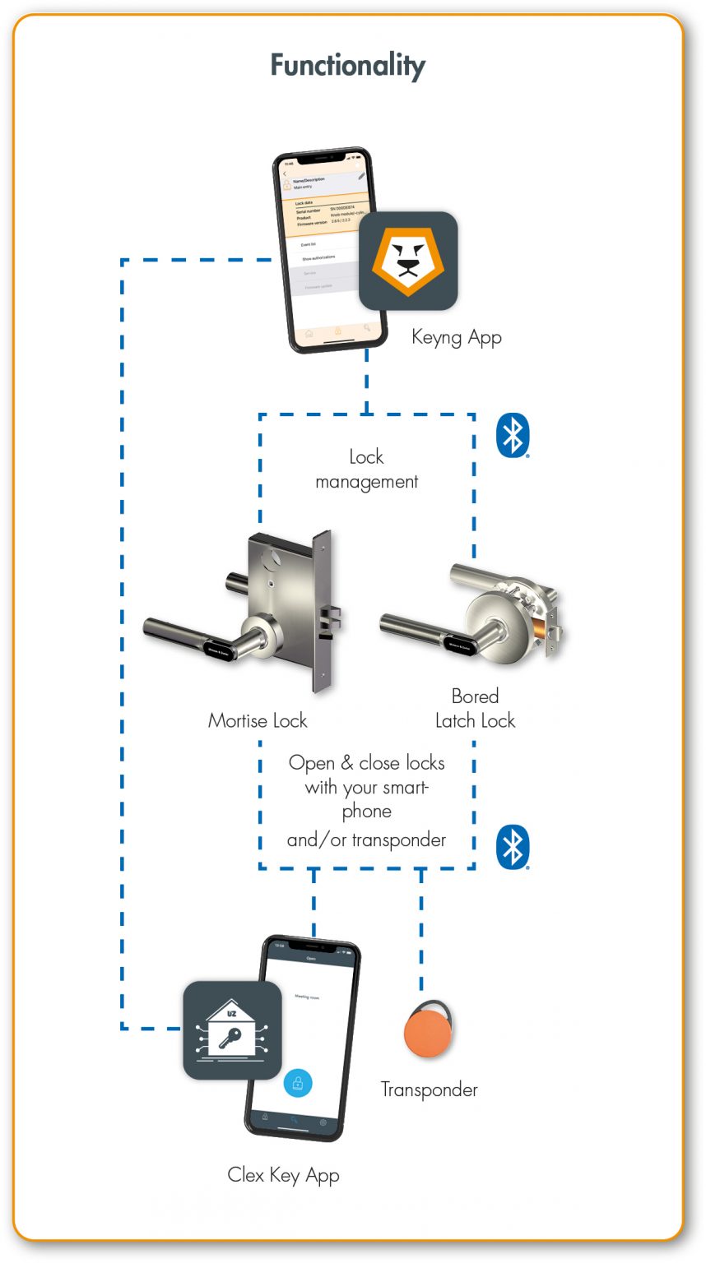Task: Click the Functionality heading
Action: point(348,66)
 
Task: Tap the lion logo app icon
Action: point(407,261)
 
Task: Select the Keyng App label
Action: point(456,337)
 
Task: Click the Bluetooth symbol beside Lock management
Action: point(512,436)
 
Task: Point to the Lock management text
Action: point(366,470)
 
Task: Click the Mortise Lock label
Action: point(257,721)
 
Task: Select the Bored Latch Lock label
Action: point(475,709)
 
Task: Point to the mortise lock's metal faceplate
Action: point(322,612)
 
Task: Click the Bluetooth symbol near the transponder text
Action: point(512,848)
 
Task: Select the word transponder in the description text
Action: point(398,840)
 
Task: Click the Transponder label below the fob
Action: point(429,1090)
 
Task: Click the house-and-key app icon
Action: point(232,1029)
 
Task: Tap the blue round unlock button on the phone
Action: point(297,1083)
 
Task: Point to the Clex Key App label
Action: point(283,1176)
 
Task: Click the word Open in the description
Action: point(311,764)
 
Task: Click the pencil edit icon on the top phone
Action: point(361,175)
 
